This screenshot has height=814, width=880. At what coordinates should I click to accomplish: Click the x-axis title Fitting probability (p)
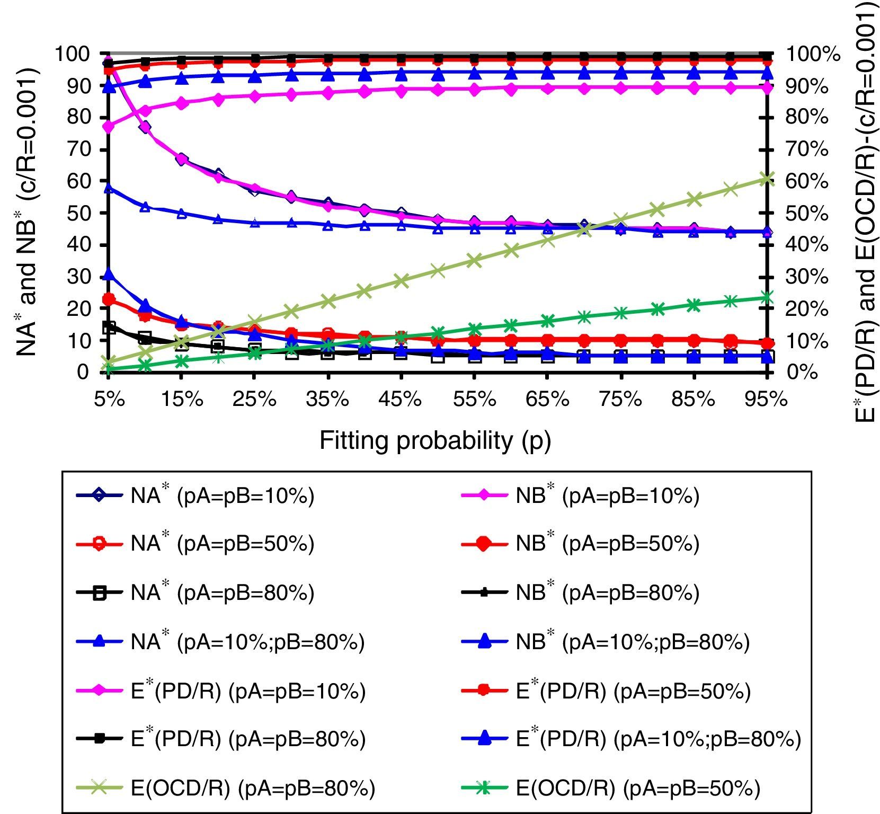coord(435,440)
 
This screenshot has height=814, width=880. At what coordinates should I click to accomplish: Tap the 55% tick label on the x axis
coord(474,399)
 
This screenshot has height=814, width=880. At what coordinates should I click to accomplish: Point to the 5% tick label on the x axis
coord(109,399)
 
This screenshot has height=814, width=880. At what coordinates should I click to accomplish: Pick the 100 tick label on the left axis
coord(71,54)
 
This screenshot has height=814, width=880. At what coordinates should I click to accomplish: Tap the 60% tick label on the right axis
coord(807,181)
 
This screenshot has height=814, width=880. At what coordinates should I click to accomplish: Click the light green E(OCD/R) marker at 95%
coord(767,179)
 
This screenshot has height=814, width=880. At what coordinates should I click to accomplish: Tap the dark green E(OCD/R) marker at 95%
coord(767,297)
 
